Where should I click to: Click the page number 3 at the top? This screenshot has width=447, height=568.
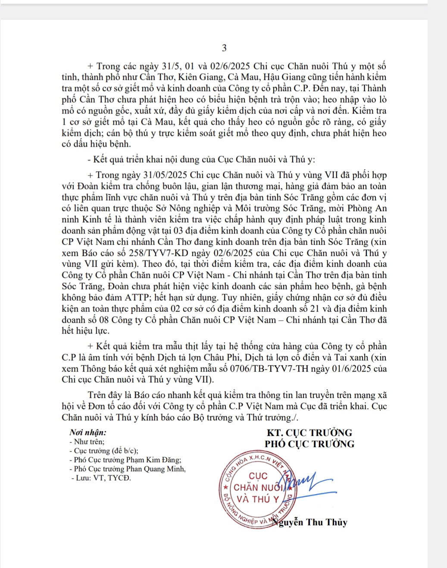click(224, 48)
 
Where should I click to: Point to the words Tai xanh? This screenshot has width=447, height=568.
click(353, 358)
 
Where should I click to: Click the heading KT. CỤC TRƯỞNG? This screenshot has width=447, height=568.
click(309, 432)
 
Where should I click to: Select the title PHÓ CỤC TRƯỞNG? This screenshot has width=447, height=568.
click(309, 444)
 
